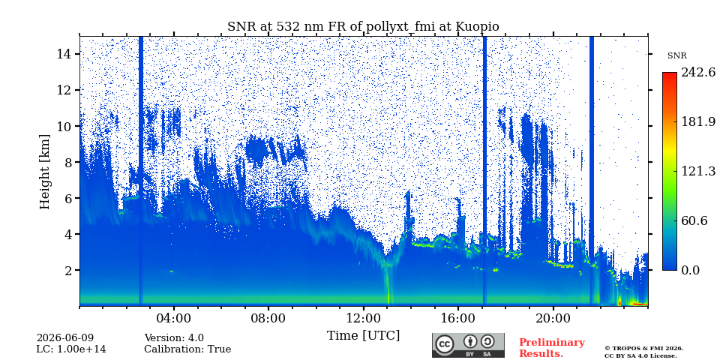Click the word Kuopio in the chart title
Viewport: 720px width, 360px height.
[x=477, y=27]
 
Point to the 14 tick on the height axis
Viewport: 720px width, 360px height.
[x=64, y=54]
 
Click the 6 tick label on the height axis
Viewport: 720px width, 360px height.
[x=67, y=198]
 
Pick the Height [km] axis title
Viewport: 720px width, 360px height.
[x=44, y=172]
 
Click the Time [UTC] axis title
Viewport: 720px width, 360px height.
[x=363, y=335]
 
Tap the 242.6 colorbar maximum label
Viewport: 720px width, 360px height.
[x=697, y=73]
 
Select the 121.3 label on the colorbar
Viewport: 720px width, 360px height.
[x=697, y=171]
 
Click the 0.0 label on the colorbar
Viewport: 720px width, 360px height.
[x=690, y=270]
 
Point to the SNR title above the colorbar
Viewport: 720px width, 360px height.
[x=676, y=56]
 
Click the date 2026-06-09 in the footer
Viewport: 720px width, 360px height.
[x=65, y=339]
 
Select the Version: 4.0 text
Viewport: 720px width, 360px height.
[x=174, y=339]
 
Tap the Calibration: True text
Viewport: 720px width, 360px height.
[x=187, y=349]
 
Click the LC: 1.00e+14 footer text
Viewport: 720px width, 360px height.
[x=71, y=349]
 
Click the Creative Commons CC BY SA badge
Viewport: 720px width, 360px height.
[x=468, y=345]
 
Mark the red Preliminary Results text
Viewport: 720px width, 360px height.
[x=552, y=348]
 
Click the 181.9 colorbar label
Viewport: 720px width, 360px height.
[x=697, y=122]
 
